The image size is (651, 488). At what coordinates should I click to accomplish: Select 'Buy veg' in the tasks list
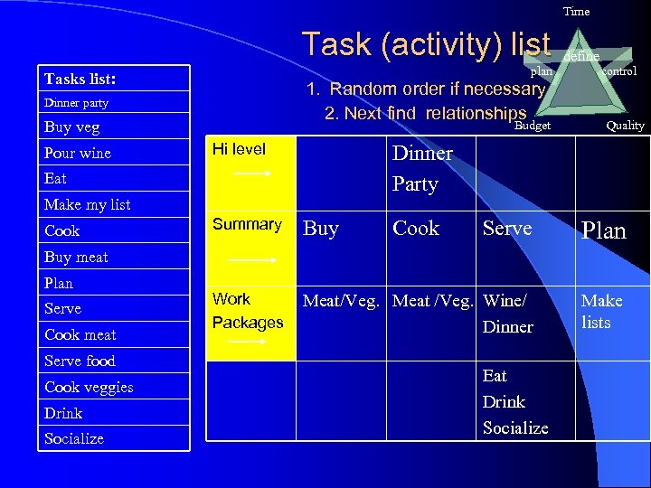tap(72, 127)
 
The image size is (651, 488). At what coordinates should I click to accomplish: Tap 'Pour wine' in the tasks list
tap(78, 153)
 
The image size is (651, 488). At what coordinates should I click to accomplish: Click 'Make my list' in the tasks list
tap(88, 204)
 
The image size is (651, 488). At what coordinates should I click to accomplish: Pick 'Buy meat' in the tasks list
tap(76, 257)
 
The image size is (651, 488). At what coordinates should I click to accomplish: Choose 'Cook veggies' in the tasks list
tap(89, 387)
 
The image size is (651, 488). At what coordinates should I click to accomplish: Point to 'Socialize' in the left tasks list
tap(74, 438)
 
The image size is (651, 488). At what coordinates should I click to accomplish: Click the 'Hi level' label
tap(239, 149)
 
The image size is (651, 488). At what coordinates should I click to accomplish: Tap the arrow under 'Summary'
tap(252, 259)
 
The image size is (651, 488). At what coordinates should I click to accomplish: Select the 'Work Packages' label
tap(248, 310)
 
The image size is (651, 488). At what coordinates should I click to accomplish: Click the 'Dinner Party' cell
tap(421, 168)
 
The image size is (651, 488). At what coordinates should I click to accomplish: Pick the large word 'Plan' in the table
tap(603, 230)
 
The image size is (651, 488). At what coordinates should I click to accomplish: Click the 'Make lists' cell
tap(601, 311)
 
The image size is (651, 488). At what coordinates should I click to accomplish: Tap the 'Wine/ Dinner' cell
tap(508, 313)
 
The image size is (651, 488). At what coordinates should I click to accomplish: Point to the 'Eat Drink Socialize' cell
tap(514, 401)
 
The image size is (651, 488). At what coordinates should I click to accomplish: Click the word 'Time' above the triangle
tap(576, 12)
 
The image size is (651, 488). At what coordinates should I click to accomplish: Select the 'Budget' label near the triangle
tap(533, 126)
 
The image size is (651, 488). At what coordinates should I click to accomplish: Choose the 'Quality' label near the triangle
tap(625, 126)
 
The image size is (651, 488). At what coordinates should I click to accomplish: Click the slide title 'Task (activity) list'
tap(426, 43)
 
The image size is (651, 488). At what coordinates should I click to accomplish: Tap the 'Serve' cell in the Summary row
tap(507, 229)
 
